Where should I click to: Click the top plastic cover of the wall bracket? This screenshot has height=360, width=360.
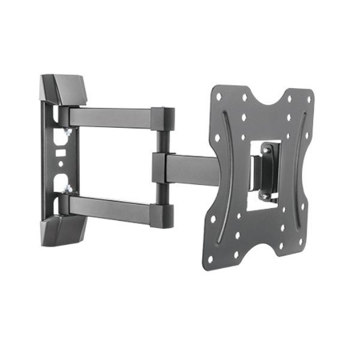click(65, 89)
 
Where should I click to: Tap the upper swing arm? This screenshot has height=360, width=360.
click(111, 117)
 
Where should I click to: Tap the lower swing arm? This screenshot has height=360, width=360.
click(111, 207)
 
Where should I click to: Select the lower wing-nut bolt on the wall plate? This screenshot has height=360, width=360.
click(67, 189)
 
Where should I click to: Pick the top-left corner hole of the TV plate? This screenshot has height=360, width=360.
click(218, 96)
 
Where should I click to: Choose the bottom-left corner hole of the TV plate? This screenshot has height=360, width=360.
click(210, 259)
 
